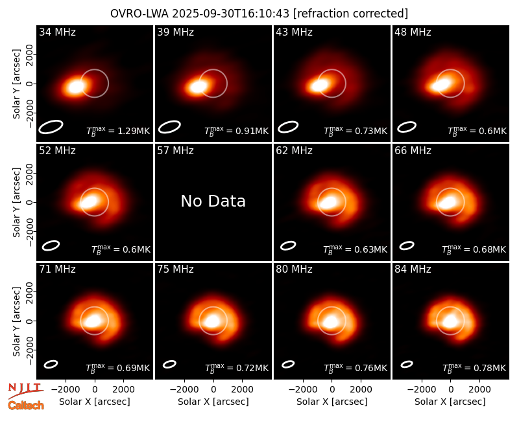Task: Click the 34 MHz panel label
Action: [57, 32]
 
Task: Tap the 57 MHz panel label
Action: [175, 151]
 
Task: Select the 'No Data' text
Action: [213, 201]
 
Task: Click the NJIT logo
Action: [25, 391]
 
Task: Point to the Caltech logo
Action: [26, 405]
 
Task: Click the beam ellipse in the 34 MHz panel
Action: [51, 127]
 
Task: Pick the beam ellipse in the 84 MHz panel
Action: [407, 364]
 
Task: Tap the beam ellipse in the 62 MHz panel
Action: [288, 245]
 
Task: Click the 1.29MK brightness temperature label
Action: [118, 131]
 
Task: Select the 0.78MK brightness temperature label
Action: [474, 367]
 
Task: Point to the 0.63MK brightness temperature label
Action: [355, 249]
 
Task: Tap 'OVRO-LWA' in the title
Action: [139, 14]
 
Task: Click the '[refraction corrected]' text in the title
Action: [350, 14]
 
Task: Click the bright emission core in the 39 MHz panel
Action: [198, 87]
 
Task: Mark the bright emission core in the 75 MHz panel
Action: [212, 321]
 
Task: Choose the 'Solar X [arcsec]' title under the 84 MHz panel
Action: [450, 402]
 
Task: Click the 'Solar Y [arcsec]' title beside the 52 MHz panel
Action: [16, 202]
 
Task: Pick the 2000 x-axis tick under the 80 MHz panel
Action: [361, 389]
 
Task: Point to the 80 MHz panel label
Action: [294, 269]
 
